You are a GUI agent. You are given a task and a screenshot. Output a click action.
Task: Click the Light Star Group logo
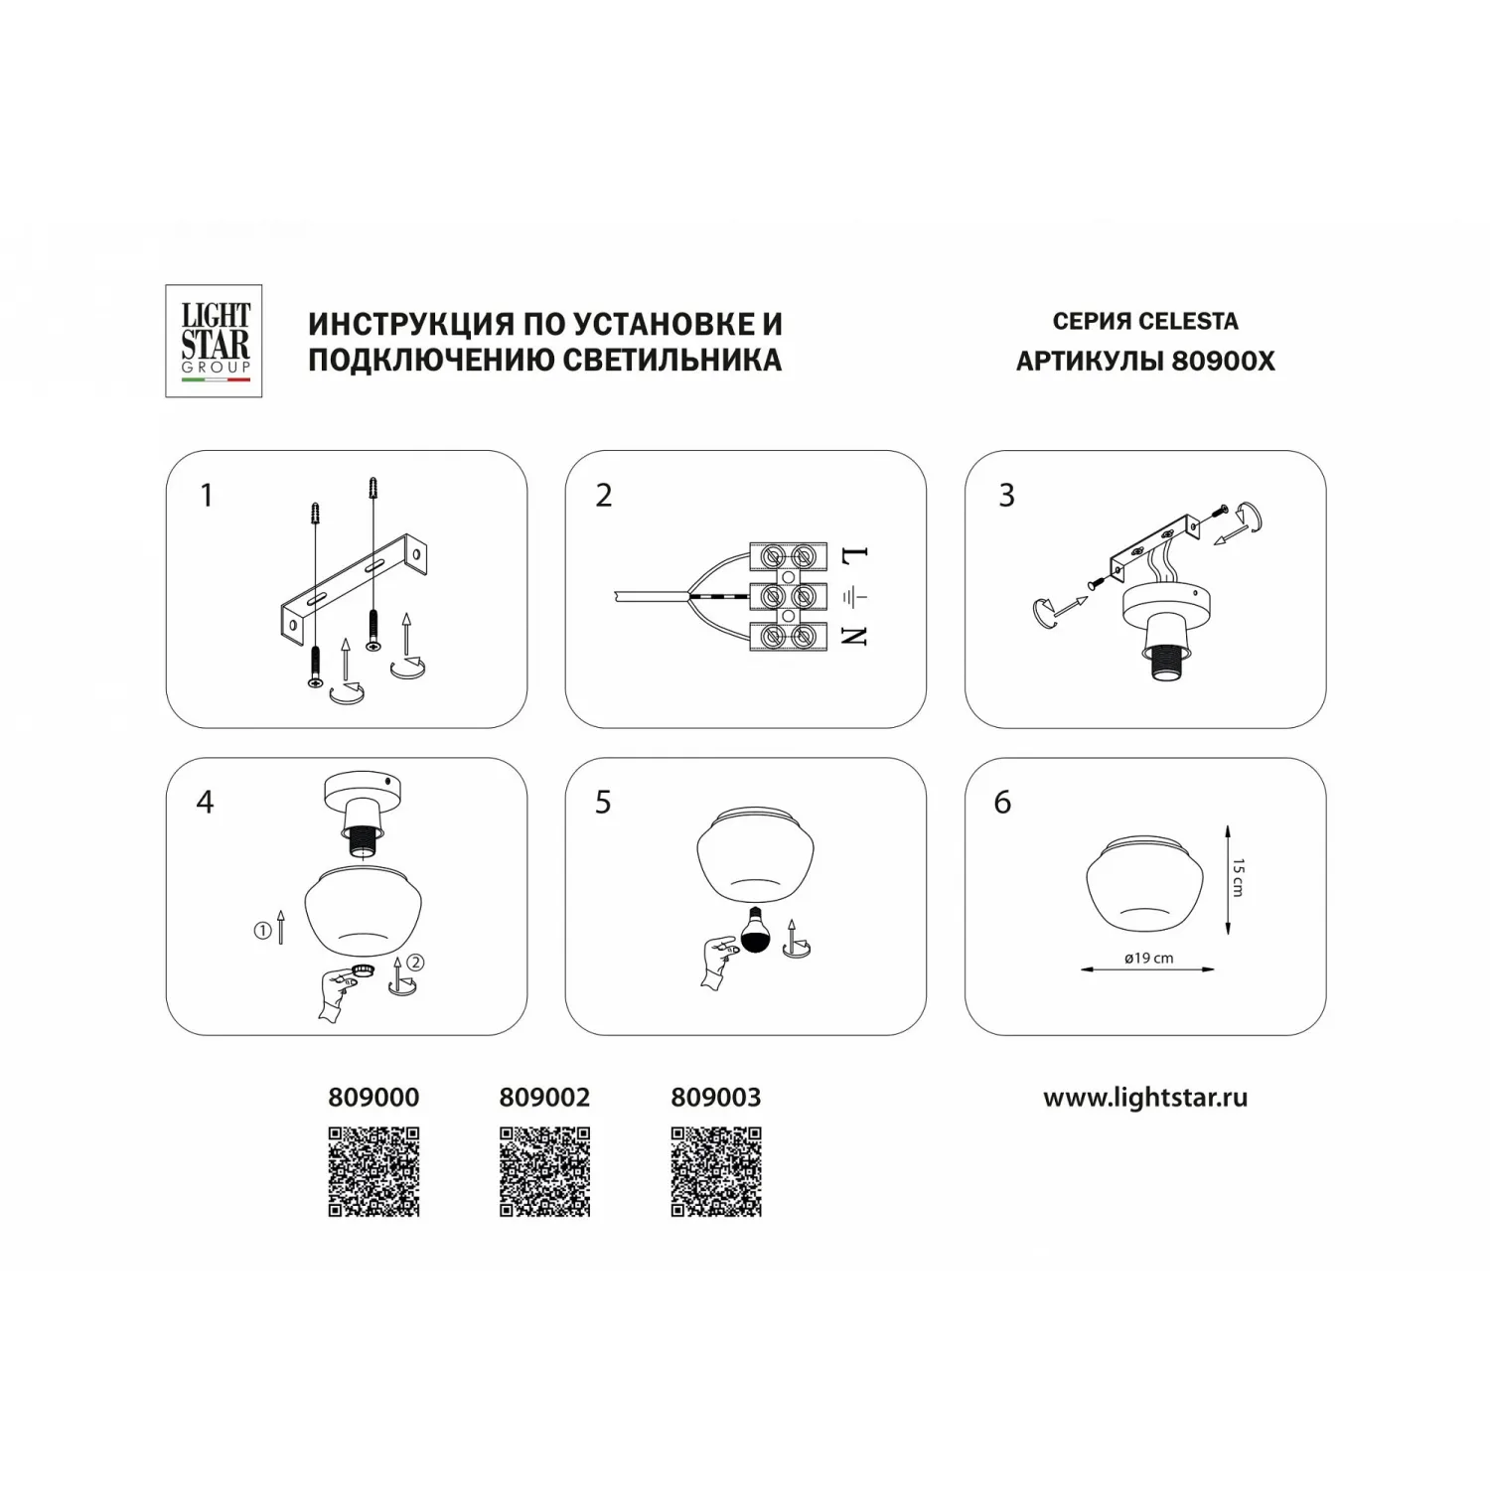point(214,341)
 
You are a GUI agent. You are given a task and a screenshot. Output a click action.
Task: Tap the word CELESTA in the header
point(1188,322)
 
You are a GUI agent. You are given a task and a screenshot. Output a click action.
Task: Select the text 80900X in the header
point(1223,361)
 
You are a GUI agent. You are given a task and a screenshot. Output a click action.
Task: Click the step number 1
point(207,495)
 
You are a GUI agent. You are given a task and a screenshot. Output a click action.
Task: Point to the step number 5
point(603,802)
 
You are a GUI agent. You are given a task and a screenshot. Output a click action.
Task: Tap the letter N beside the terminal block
point(855,635)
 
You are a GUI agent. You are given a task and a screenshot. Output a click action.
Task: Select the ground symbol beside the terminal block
point(855,597)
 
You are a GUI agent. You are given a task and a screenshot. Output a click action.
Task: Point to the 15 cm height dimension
point(1238,878)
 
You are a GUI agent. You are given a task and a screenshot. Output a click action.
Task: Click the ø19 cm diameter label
point(1149,959)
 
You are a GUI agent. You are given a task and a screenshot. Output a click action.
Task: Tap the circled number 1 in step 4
point(262,931)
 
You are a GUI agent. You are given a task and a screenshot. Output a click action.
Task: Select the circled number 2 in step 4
point(416,962)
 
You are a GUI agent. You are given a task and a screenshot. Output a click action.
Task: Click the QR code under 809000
point(373,1172)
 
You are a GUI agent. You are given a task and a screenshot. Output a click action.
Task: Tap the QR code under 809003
point(716,1172)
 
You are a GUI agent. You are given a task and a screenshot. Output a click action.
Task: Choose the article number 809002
point(544,1098)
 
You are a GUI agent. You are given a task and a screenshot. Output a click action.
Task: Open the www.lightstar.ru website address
point(1145,1098)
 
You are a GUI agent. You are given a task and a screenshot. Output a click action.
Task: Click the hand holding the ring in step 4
point(334,994)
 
